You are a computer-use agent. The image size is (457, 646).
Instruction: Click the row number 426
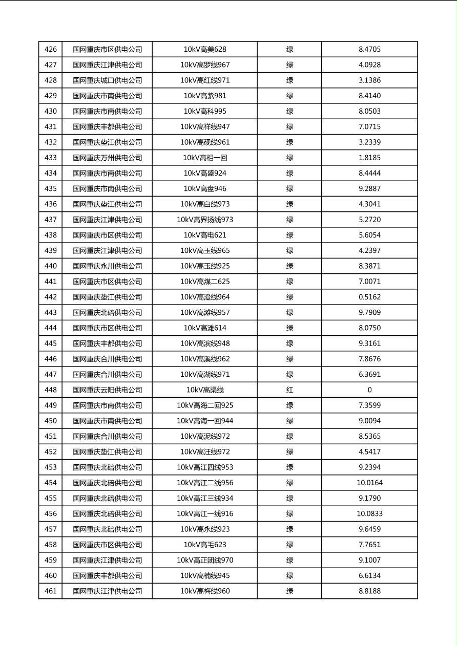point(50,50)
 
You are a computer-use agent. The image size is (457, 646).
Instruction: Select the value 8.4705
point(369,50)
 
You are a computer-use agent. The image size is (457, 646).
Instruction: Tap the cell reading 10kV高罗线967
point(205,65)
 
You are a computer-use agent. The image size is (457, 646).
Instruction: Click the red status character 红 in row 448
point(289,390)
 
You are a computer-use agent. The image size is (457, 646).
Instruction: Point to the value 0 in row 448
point(369,390)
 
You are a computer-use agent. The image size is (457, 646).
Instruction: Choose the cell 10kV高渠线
point(205,390)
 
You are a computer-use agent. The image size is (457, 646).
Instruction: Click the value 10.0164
point(369,483)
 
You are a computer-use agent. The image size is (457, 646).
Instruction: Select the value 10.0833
point(369,514)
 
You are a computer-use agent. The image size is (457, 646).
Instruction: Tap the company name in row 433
point(107,158)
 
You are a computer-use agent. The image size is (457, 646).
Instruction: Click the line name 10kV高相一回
point(205,158)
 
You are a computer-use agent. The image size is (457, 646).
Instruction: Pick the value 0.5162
point(369,297)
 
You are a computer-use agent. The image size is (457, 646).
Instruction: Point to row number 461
point(50,591)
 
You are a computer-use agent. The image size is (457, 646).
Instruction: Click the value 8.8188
point(369,591)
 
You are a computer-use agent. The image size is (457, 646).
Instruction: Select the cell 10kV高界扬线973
point(205,220)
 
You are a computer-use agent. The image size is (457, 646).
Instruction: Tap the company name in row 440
point(107,266)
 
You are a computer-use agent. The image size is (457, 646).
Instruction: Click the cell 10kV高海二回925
point(205,405)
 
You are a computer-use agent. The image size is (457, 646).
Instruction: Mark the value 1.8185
point(369,158)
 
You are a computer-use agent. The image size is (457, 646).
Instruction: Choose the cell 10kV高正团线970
point(205,560)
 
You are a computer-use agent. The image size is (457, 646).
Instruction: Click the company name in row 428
point(107,80)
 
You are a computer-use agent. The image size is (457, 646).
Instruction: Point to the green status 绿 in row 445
point(289,343)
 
